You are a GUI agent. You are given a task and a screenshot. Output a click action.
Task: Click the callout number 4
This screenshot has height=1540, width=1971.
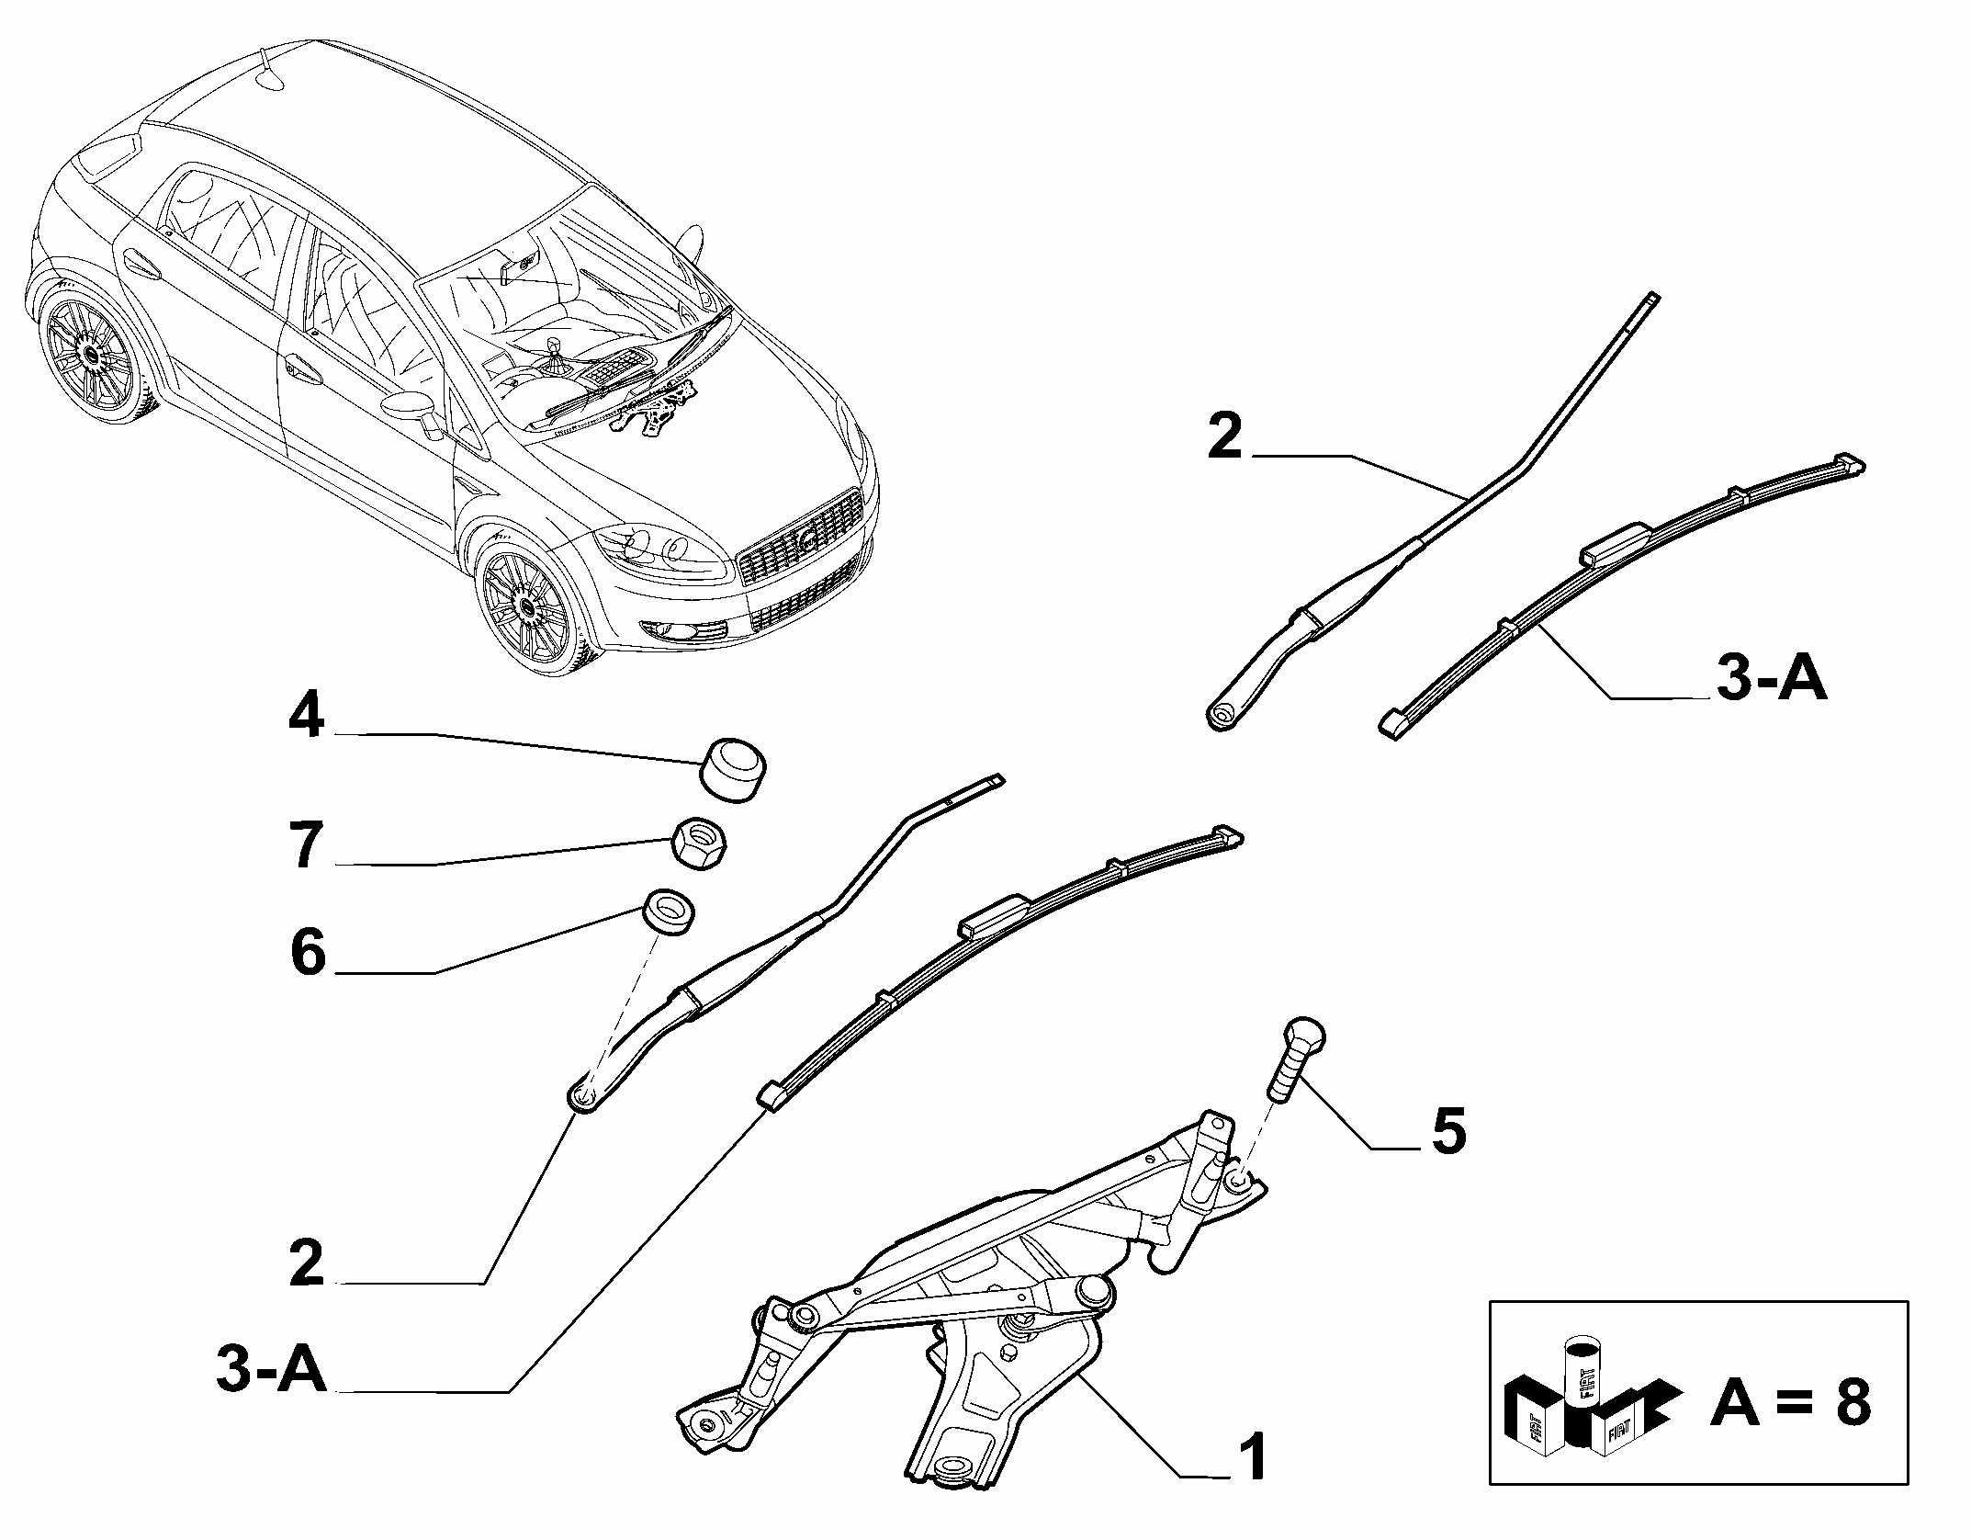click(307, 716)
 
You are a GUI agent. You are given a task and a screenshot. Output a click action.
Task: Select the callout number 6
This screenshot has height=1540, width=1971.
click(309, 952)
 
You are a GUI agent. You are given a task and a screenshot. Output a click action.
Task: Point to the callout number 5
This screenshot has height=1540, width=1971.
click(1448, 1130)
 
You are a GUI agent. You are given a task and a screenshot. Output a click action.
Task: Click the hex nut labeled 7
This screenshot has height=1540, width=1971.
click(701, 840)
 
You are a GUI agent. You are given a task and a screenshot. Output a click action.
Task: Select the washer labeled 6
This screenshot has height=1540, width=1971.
click(668, 912)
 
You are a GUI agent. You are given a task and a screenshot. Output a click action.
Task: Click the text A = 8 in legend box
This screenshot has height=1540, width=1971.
click(1790, 1404)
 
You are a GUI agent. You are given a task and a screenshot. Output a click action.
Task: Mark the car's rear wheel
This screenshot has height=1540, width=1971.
click(92, 352)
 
